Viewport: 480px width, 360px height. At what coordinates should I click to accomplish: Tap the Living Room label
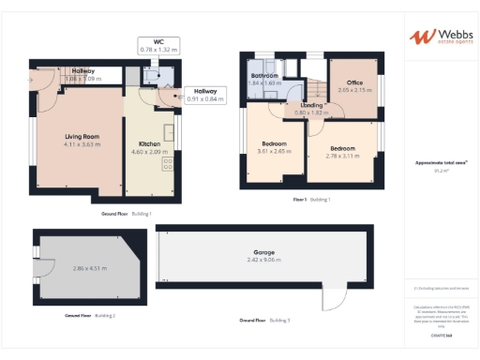coord(82,137)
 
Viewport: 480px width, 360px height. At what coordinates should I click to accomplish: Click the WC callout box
coord(157,45)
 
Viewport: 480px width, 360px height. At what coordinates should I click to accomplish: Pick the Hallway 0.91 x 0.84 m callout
coord(205,95)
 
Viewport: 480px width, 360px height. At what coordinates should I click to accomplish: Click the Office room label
coord(353,83)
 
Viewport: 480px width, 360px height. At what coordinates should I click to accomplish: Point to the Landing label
coord(309,105)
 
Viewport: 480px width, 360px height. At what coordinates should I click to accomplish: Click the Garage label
coord(263,252)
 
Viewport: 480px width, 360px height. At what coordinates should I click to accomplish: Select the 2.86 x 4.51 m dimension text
coord(90,268)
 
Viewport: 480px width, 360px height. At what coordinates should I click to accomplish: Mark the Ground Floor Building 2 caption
coord(90,316)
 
